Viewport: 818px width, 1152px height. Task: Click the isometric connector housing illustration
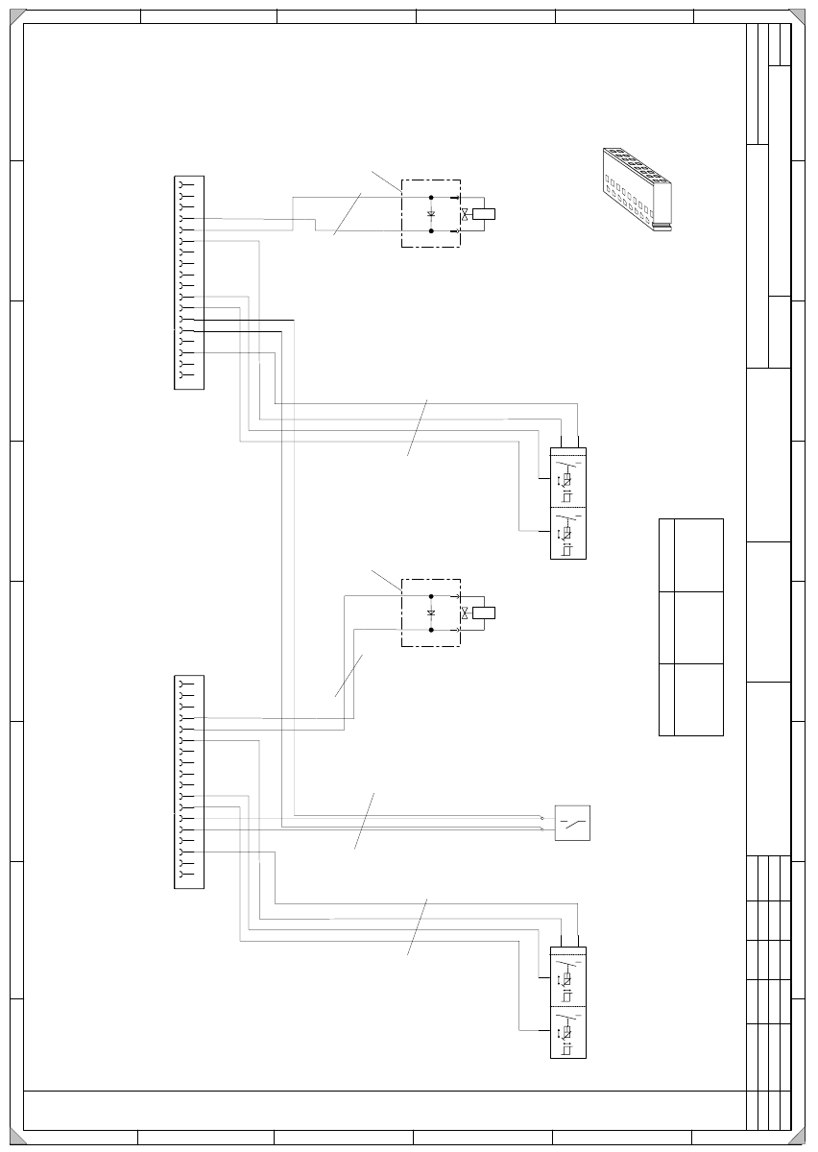pyautogui.click(x=637, y=190)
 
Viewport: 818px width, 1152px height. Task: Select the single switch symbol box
pyautogui.click(x=572, y=823)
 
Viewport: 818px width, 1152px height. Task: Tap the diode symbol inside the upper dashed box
pyautogui.click(x=431, y=213)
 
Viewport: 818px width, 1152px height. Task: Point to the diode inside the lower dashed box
pyautogui.click(x=431, y=612)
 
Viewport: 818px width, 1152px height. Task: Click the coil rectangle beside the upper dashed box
pyautogui.click(x=485, y=214)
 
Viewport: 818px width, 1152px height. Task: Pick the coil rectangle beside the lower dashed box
pyautogui.click(x=485, y=613)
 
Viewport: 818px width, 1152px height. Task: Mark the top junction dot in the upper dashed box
pyautogui.click(x=431, y=196)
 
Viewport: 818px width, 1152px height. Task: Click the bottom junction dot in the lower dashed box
pyautogui.click(x=431, y=631)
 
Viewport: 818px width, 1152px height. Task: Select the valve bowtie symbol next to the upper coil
pyautogui.click(x=465, y=214)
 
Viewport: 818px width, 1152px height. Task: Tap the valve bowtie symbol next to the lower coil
pyautogui.click(x=465, y=613)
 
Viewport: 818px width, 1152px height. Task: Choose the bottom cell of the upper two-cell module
pyautogui.click(x=567, y=532)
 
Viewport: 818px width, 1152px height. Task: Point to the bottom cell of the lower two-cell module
pyautogui.click(x=567, y=1031)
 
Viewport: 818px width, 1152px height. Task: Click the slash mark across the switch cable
pyautogui.click(x=364, y=822)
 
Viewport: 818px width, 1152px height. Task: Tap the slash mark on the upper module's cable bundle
pyautogui.click(x=418, y=426)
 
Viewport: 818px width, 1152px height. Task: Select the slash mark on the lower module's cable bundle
pyautogui.click(x=418, y=927)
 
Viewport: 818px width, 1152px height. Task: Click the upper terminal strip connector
pyautogui.click(x=188, y=283)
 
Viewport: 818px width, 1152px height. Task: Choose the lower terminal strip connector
pyautogui.click(x=188, y=781)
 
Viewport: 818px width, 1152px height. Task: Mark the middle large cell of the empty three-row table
pyautogui.click(x=698, y=628)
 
